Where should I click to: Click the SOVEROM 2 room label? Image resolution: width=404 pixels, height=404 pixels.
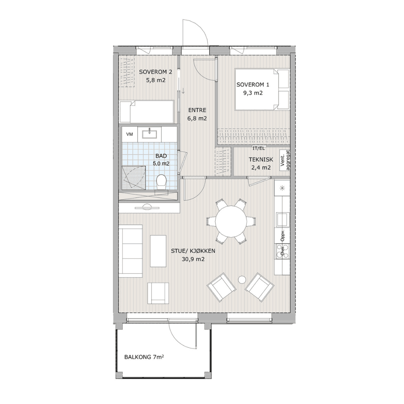[x=155, y=72]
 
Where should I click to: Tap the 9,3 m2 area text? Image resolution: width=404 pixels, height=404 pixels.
[x=253, y=93]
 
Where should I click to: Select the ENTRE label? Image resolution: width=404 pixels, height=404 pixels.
[x=197, y=110]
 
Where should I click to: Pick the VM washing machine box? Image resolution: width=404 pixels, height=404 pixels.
[x=129, y=134]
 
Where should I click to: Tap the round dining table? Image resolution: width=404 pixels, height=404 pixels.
[x=231, y=221]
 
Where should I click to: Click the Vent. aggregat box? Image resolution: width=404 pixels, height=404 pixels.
[x=285, y=160]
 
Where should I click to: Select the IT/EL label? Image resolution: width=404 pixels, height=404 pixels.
[x=258, y=148]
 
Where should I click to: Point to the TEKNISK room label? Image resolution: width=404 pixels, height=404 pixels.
[x=261, y=159]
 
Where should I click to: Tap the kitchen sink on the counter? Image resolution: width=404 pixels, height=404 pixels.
[x=283, y=219]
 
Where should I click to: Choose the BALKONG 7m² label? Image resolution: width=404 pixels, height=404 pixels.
[x=144, y=357]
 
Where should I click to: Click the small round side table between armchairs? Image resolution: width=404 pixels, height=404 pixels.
[x=242, y=279]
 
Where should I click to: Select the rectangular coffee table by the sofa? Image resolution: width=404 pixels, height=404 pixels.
[x=158, y=251]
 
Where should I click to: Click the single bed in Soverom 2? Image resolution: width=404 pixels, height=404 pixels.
[x=147, y=112]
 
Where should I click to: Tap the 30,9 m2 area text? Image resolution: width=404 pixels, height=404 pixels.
[x=193, y=259]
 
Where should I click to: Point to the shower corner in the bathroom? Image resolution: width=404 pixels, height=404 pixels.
[x=134, y=178]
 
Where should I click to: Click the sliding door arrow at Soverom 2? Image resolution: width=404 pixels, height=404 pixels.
[x=183, y=91]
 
